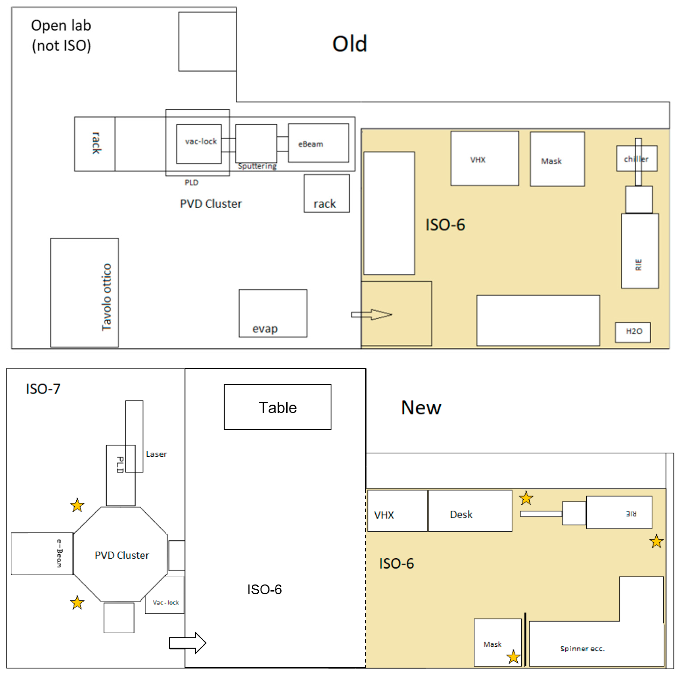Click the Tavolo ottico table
click(x=85, y=293)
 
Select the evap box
click(x=273, y=313)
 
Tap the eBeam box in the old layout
click(x=318, y=143)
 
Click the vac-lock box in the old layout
click(x=199, y=144)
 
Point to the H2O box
click(x=633, y=332)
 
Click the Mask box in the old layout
click(x=557, y=159)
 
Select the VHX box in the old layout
click(x=485, y=158)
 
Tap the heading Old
click(x=350, y=44)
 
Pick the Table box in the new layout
click(x=277, y=407)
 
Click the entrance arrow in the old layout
click(x=372, y=315)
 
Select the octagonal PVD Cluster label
click(x=122, y=555)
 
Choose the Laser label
click(x=156, y=454)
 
